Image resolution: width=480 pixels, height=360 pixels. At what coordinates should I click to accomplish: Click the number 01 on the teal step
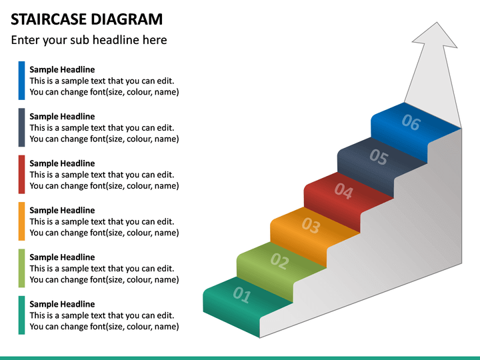pos(241,295)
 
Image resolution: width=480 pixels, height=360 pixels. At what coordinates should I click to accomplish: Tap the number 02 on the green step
pos(279,261)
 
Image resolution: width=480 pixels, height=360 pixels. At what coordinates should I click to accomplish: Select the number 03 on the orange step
pos(311,225)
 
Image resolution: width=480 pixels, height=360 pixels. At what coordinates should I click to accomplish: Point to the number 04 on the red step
pos(343,191)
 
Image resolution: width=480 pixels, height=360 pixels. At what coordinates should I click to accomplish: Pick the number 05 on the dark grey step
pos(378,157)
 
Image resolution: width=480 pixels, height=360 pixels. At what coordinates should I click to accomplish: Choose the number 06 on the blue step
pos(411,123)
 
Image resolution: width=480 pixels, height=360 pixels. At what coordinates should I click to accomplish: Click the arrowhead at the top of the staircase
pos(437,37)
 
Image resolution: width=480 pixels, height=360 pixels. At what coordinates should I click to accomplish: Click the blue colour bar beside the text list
pos(22,81)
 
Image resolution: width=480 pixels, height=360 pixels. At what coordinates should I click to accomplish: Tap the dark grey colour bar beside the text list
pos(22,127)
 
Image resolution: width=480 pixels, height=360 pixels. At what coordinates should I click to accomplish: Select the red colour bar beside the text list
pos(22,174)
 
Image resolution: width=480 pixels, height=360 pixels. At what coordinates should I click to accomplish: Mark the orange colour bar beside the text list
pos(22,221)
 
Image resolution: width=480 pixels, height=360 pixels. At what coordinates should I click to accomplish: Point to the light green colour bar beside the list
pos(22,268)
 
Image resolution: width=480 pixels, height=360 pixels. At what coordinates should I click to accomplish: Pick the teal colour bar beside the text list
pos(22,315)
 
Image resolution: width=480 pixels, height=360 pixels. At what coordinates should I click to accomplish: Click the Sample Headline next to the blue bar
pos(62,69)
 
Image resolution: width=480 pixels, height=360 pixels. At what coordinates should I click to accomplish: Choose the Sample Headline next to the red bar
pos(62,163)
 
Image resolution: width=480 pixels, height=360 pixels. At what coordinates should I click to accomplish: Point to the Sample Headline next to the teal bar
pos(62,304)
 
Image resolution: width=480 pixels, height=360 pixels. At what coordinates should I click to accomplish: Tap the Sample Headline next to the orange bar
pos(62,210)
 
